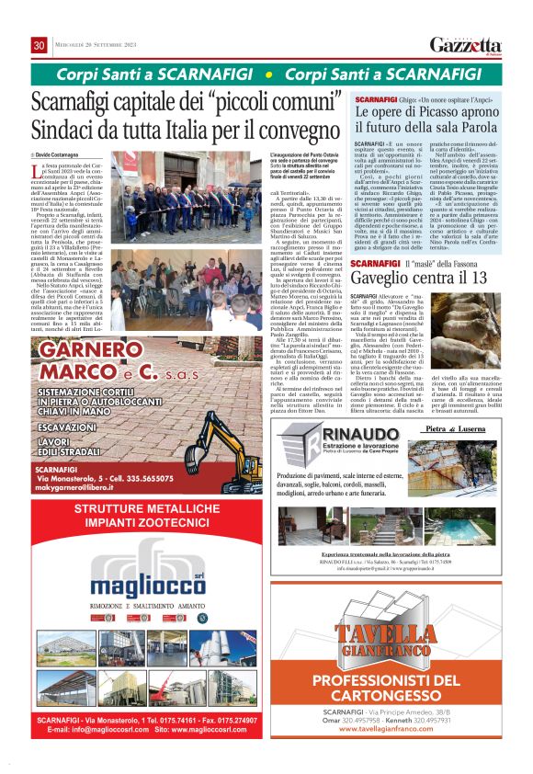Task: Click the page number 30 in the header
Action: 40,45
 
